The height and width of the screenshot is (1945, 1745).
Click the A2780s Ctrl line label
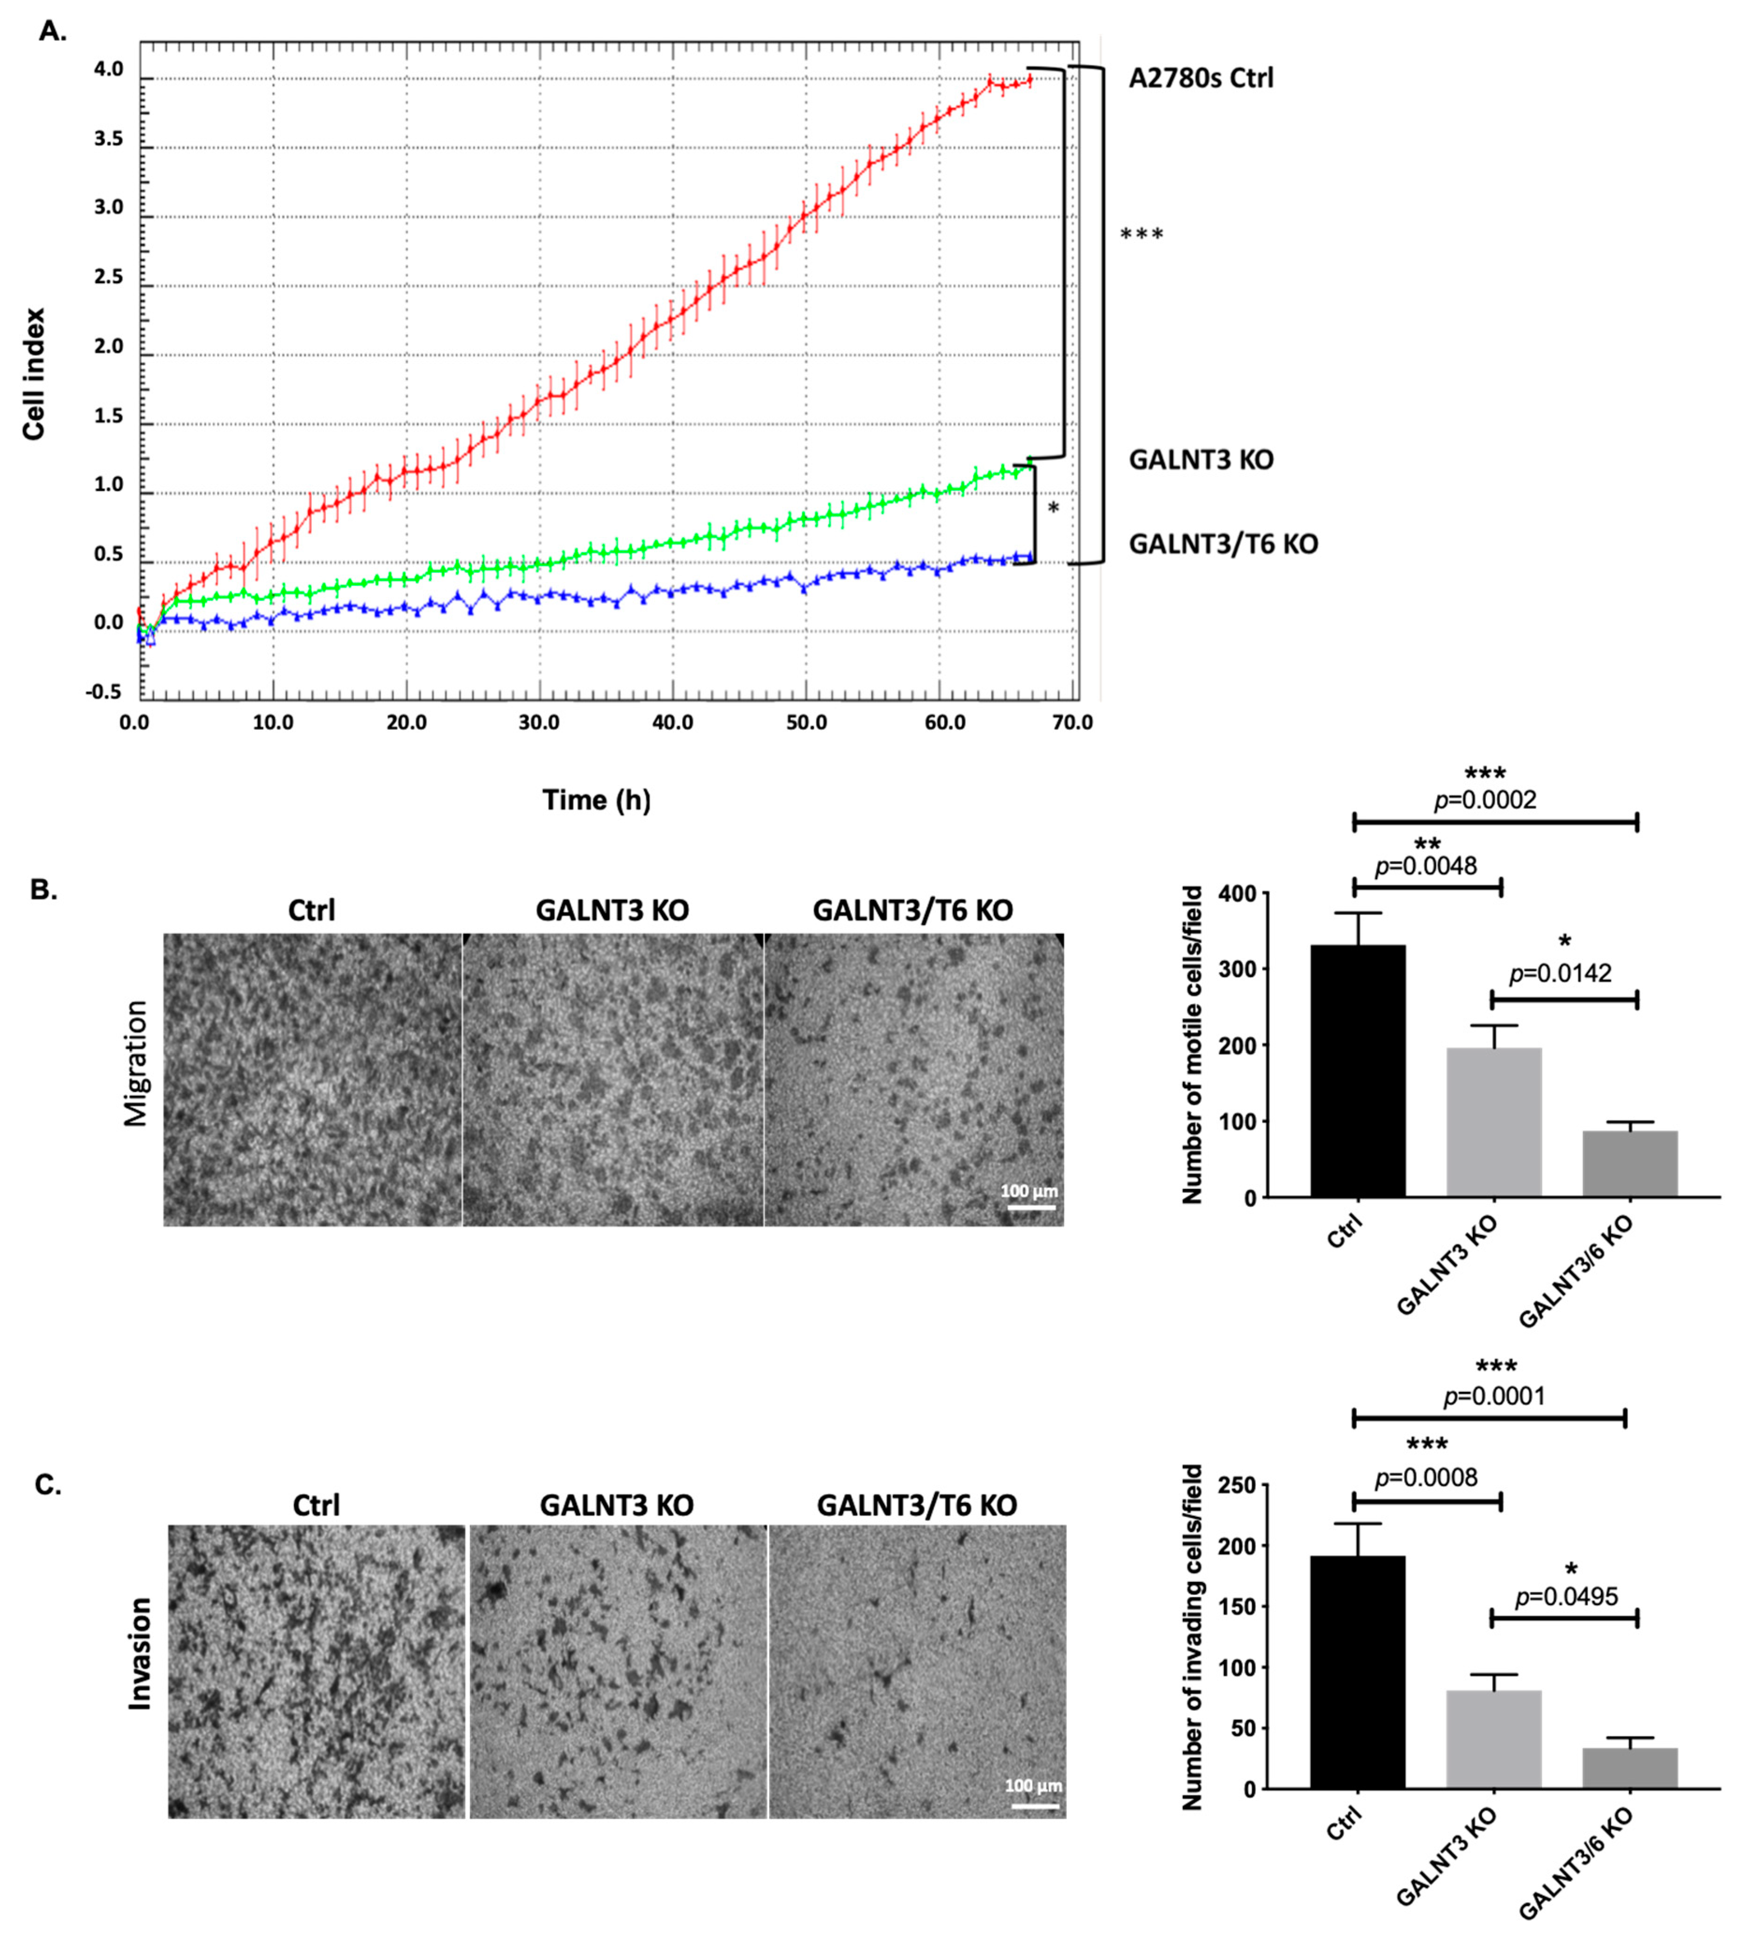1201,78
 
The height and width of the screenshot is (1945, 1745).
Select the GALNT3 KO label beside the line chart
1201,459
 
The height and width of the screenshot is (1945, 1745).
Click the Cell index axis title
35,374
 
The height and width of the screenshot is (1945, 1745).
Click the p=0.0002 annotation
1485,800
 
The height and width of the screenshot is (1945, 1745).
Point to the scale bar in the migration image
1031,1207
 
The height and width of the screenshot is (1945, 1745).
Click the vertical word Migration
136,1063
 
